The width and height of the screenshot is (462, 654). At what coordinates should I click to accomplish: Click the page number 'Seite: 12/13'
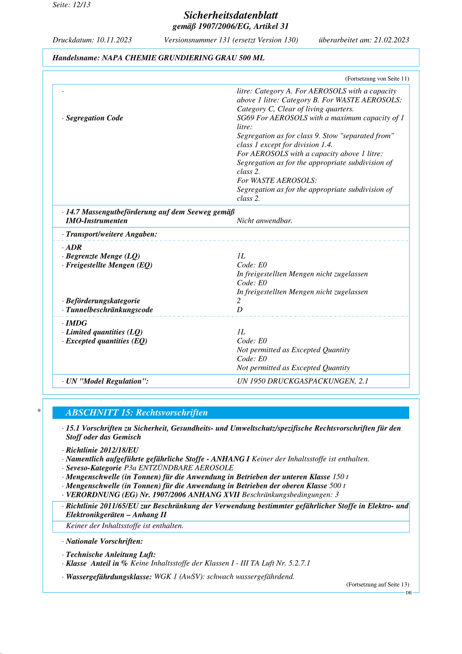71,5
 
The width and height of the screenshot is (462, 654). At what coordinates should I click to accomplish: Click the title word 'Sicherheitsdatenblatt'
231,15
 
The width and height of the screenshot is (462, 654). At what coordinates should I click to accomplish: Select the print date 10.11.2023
114,40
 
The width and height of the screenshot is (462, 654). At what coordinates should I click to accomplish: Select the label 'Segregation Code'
94,118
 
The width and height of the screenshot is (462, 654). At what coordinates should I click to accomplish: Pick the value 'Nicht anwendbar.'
264,221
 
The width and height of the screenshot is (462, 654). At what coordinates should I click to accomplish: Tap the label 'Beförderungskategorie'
103,301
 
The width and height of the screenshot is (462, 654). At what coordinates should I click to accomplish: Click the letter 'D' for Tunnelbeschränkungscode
239,310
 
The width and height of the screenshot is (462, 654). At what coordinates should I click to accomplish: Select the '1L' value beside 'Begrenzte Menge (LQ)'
241,256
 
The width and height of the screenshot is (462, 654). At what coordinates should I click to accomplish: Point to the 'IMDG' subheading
76,323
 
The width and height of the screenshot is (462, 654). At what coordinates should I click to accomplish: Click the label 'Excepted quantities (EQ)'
106,341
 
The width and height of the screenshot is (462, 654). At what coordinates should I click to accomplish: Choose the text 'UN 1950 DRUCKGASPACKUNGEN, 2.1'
302,381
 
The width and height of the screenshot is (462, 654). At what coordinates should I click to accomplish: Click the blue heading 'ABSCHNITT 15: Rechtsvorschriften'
137,413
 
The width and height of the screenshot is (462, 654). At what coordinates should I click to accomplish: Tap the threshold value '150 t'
340,477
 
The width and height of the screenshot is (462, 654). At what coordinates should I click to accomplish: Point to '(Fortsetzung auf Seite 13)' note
378,585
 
